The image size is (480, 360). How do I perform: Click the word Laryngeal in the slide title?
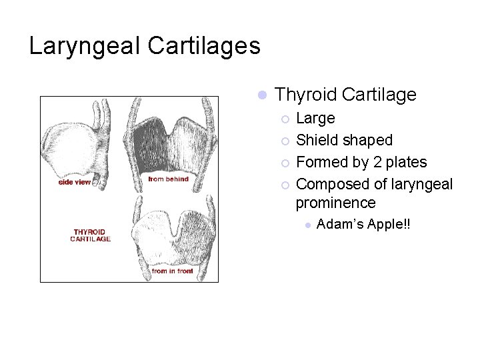click(85, 47)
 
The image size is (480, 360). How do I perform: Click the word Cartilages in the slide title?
click(204, 45)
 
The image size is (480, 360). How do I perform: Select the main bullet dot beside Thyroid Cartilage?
click(262, 95)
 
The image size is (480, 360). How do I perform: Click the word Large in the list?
click(315, 119)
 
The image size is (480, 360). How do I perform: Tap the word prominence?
click(336, 203)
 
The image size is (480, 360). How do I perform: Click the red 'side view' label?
click(75, 182)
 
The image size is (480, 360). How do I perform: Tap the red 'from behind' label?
click(168, 179)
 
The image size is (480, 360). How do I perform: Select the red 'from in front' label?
click(173, 271)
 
